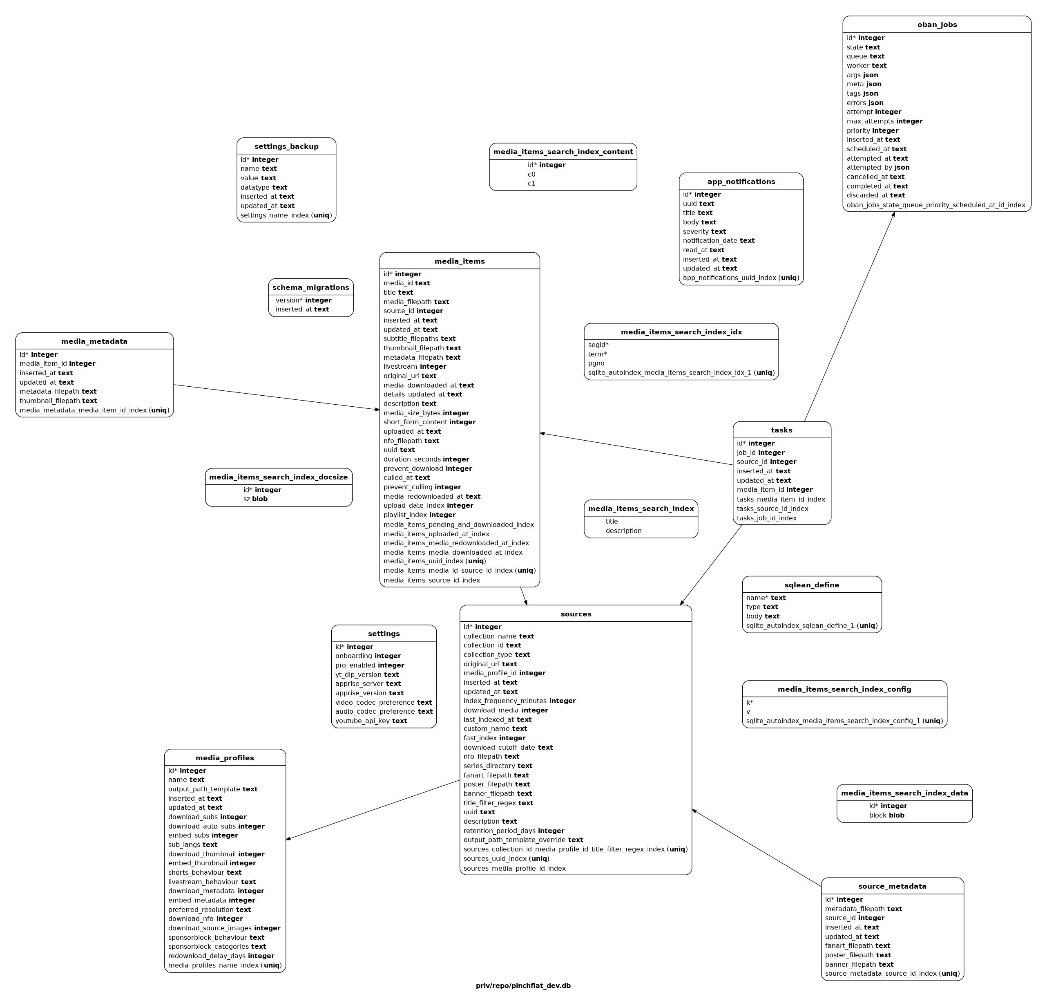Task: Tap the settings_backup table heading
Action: (x=286, y=146)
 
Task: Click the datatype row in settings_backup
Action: (x=264, y=188)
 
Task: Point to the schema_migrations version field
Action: (x=304, y=300)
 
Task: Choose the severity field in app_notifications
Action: (x=704, y=231)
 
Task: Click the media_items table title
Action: (x=460, y=261)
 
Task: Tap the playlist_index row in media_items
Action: (x=420, y=515)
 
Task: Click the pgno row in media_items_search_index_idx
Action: (x=596, y=363)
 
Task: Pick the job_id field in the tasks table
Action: (x=761, y=452)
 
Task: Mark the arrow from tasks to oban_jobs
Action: (x=849, y=316)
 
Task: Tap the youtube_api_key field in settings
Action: (x=371, y=721)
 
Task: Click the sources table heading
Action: (x=576, y=614)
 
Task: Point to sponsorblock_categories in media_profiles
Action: (x=217, y=947)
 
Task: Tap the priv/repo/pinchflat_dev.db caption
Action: (x=523, y=986)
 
